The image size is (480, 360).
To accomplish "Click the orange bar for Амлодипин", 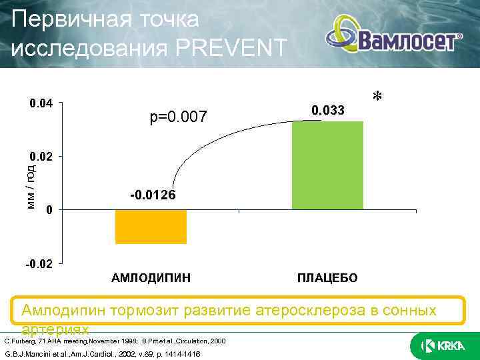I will coord(151,227).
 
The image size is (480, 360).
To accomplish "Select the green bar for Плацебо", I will coord(327,165).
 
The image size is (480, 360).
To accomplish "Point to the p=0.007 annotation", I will coord(179,118).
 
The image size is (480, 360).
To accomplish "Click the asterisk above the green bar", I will coord(377,98).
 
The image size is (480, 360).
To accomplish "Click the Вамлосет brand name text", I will coord(407,42).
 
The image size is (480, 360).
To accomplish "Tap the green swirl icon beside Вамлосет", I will coord(343,37).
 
